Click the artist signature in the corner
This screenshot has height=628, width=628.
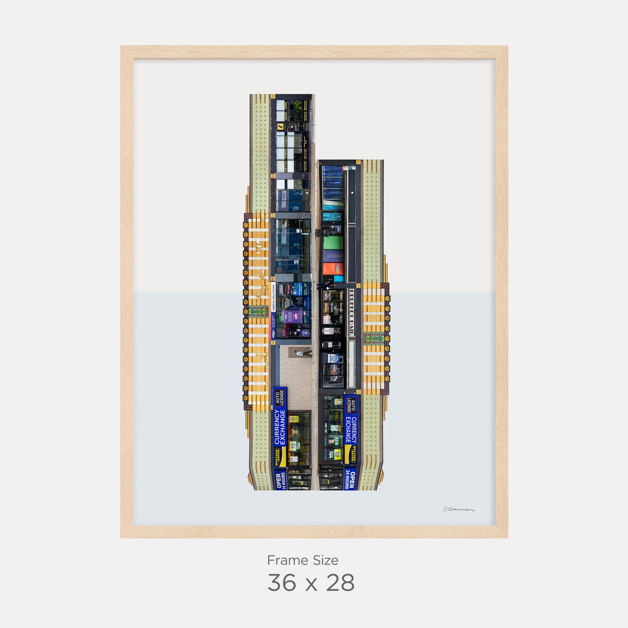(x=459, y=509)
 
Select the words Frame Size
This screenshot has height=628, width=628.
(x=302, y=560)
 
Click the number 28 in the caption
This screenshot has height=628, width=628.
(x=340, y=583)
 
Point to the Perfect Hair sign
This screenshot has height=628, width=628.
(x=352, y=313)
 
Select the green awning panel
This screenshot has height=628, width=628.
(x=333, y=243)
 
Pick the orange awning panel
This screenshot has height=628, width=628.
(x=333, y=269)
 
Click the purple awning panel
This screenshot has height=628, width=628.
(x=333, y=256)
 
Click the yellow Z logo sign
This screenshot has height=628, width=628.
(x=280, y=126)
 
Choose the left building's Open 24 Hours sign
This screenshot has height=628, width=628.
(x=281, y=481)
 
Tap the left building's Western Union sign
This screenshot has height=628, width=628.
(x=280, y=457)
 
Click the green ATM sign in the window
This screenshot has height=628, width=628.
(x=336, y=441)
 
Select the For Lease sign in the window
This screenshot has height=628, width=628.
(x=332, y=359)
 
